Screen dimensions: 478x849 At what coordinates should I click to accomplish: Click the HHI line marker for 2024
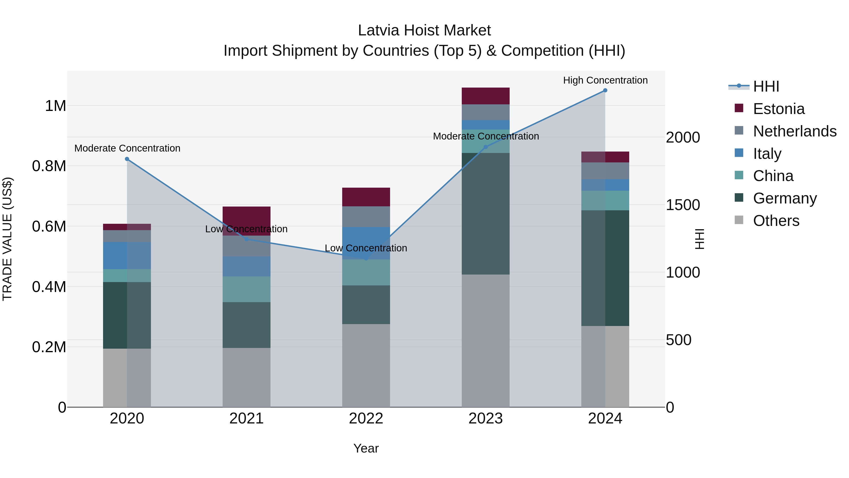(x=605, y=90)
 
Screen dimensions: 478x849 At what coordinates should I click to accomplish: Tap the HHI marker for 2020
(x=127, y=159)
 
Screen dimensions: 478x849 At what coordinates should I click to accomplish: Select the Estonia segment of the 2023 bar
(x=486, y=96)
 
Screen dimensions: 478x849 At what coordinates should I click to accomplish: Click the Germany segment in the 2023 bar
(x=486, y=214)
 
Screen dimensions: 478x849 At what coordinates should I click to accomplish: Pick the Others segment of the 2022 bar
(x=366, y=365)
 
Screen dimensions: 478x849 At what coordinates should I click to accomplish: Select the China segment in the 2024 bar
(x=605, y=201)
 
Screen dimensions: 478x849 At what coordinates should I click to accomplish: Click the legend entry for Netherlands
(x=794, y=131)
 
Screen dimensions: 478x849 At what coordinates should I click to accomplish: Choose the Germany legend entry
(x=784, y=198)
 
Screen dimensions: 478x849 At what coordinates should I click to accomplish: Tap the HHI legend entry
(x=766, y=86)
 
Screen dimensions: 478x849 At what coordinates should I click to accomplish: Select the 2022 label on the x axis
(x=366, y=419)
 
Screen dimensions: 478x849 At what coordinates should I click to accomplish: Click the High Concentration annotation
(x=605, y=80)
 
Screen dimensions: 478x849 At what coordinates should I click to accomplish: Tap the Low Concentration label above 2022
(x=366, y=248)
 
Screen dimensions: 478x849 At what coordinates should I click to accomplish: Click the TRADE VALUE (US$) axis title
(x=7, y=239)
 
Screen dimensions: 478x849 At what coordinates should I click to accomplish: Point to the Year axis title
(x=366, y=448)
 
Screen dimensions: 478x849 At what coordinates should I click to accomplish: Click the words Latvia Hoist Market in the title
(x=424, y=30)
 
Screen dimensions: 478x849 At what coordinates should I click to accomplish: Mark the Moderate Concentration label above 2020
(x=127, y=148)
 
